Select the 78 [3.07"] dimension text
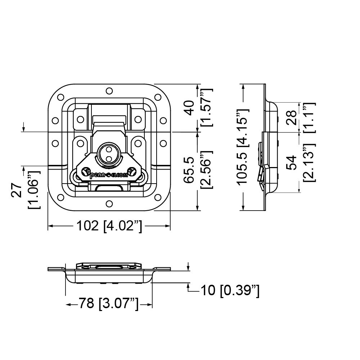pyautogui.click(x=109, y=305)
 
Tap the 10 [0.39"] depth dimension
pyautogui.click(x=229, y=290)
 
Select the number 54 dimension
pyautogui.click(x=293, y=162)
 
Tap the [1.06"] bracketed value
pyautogui.click(x=35, y=189)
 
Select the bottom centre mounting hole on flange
pyautogui.click(x=109, y=204)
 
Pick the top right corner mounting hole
pyautogui.click(x=157, y=97)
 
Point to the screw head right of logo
pyautogui.click(x=132, y=171)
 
